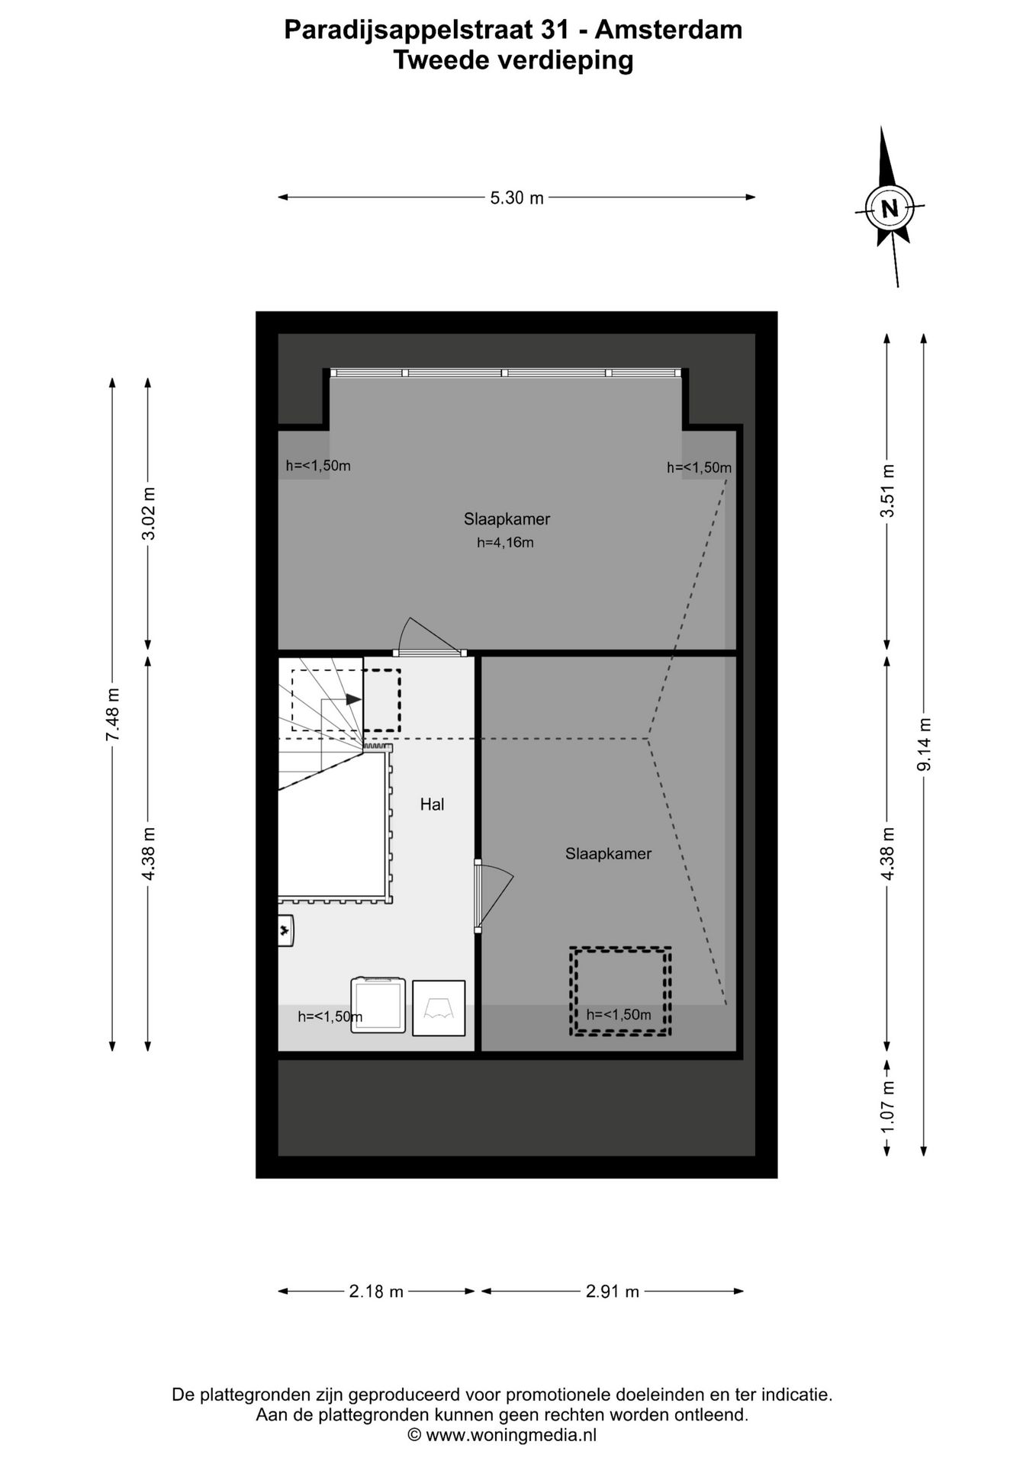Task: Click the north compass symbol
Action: (889, 207)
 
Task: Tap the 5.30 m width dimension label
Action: (516, 198)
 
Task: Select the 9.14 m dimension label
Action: (924, 744)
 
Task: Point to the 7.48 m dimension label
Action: (113, 714)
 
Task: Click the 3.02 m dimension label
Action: (148, 513)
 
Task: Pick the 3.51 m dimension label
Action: (887, 491)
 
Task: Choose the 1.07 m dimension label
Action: (887, 1106)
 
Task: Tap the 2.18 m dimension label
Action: (376, 1292)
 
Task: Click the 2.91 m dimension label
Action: (612, 1292)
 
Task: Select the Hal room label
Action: (432, 804)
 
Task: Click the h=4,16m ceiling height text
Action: (505, 543)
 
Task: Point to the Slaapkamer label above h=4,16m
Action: (507, 519)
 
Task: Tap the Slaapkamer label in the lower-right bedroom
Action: (608, 854)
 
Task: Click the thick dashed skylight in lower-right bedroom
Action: (620, 990)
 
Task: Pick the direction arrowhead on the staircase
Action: (353, 698)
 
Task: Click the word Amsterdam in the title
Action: (668, 30)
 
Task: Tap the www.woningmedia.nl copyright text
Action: (503, 1435)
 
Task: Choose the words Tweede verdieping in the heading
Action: (513, 60)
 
